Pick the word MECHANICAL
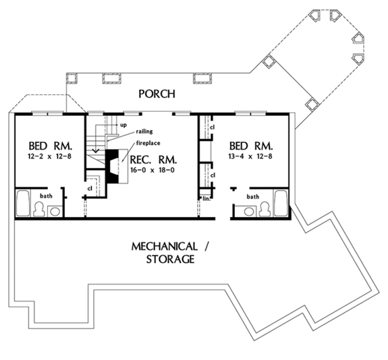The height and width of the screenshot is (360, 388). [164, 246]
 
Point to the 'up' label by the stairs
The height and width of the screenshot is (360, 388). [123, 125]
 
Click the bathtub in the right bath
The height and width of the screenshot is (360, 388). [280, 203]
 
